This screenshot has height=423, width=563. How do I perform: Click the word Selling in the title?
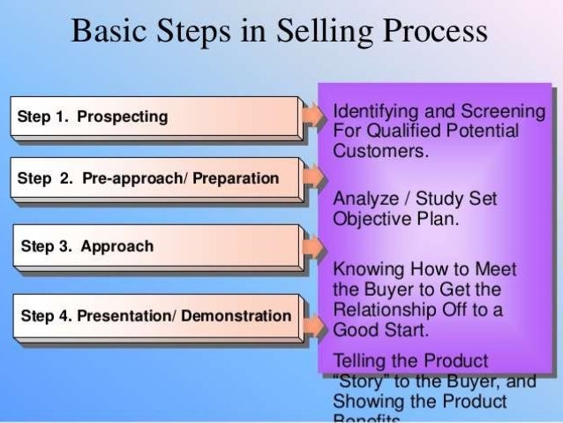pos(321,33)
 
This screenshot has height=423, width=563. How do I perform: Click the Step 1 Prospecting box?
pos(154,117)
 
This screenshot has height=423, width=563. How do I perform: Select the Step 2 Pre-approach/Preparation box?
pos(154,179)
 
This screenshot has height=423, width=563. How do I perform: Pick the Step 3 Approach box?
pos(154,246)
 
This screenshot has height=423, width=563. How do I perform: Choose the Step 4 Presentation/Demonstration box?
pos(154,315)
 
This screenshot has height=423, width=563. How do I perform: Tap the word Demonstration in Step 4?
pos(236,315)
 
